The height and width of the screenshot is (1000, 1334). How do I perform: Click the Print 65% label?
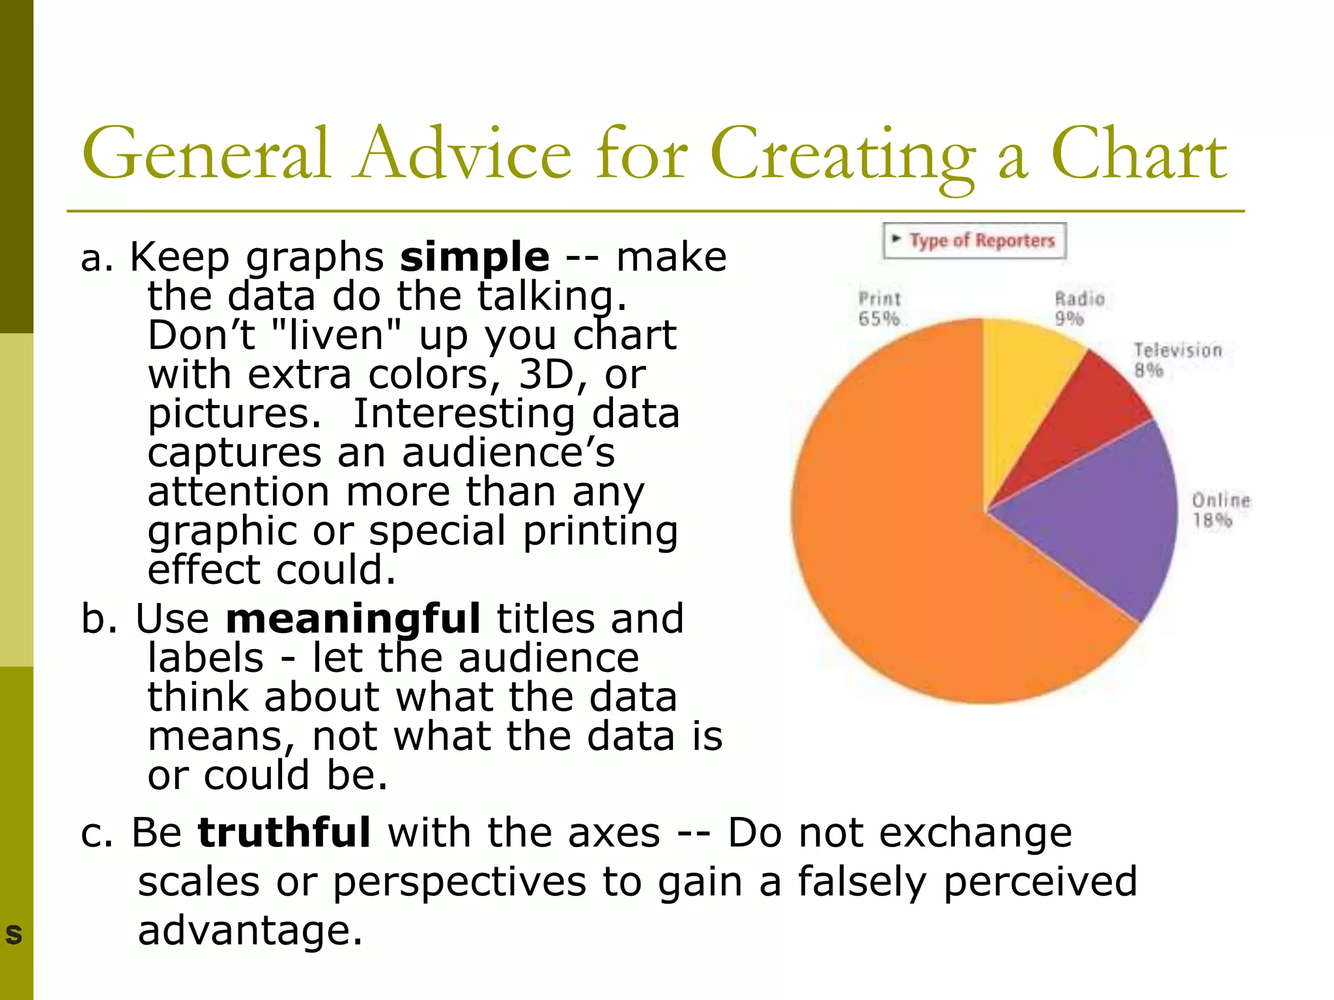(879, 309)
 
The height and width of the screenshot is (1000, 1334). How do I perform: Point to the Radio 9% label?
(1079, 309)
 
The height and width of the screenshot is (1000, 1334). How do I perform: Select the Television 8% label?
(1177, 360)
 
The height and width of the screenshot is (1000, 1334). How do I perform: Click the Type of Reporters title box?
(974, 241)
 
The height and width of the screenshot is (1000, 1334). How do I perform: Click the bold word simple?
(474, 257)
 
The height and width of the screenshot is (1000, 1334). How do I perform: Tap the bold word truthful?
(284, 833)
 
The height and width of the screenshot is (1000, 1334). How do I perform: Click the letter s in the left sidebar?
(14, 934)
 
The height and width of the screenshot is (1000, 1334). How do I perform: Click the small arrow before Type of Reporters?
(897, 238)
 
